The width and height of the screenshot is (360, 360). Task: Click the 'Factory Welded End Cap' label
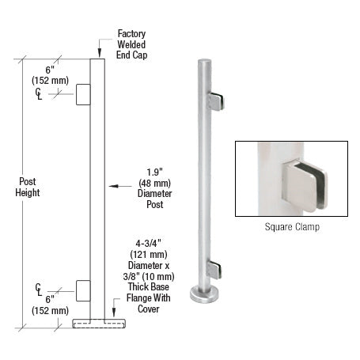click(132, 45)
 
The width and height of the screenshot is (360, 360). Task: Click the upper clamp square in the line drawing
click(83, 96)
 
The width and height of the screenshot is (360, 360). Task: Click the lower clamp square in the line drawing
click(83, 290)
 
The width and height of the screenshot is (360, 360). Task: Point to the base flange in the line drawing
click(98, 324)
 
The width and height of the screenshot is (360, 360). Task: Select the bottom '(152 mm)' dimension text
click(50, 309)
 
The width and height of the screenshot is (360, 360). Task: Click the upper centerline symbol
click(40, 94)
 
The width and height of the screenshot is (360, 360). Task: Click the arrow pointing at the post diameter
click(119, 187)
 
